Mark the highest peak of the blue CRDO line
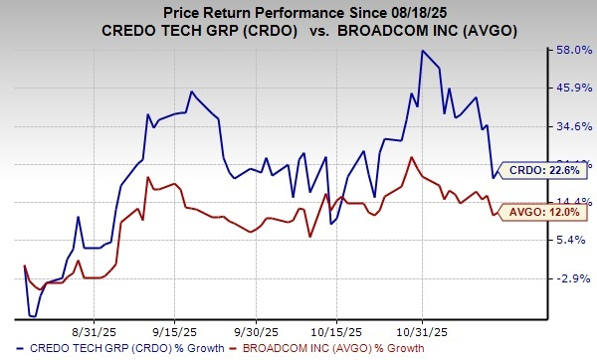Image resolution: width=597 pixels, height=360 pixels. [x=423, y=51]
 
